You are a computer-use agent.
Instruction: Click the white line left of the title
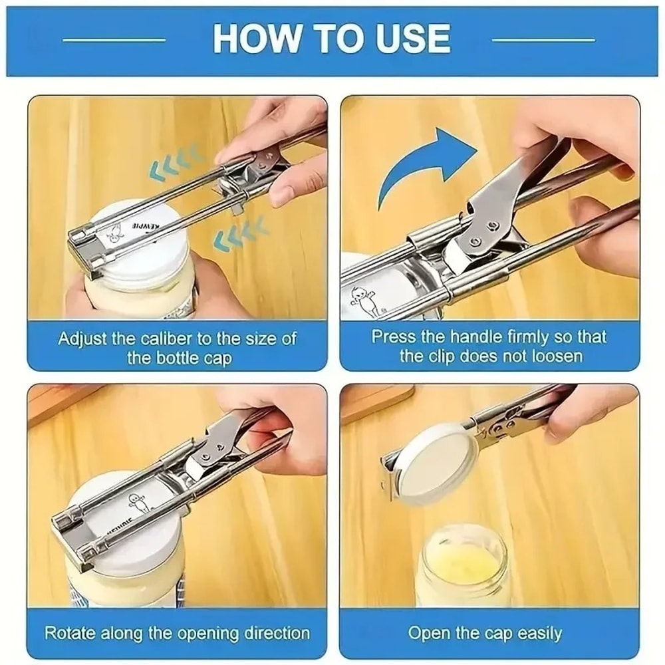(x=114, y=40)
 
